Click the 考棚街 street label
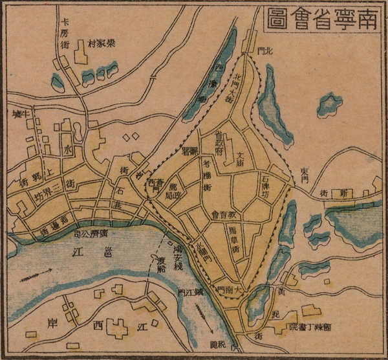(x=208, y=174)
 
